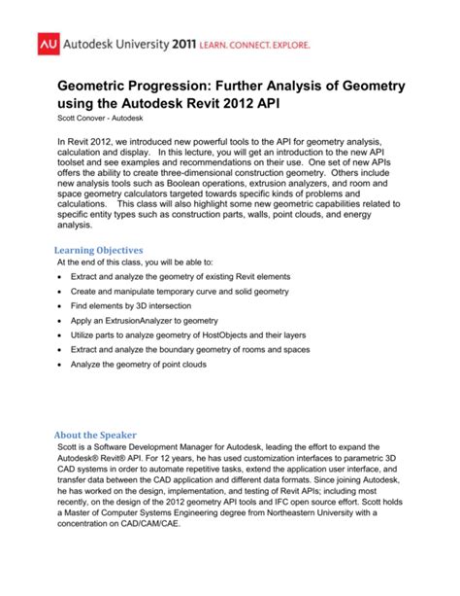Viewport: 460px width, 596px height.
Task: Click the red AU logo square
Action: click(49, 46)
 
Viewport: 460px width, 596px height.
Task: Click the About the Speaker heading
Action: click(95, 435)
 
